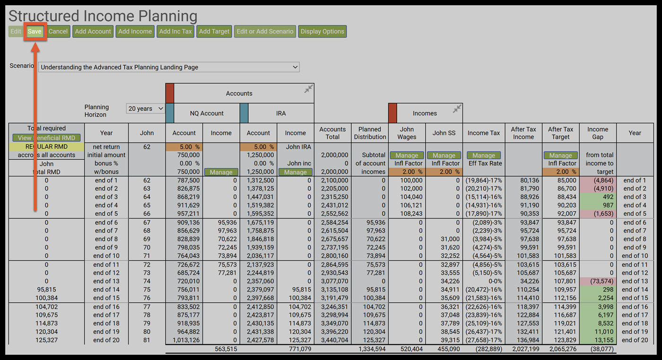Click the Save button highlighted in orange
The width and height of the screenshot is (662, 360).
[x=35, y=32]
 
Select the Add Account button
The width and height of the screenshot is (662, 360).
[x=93, y=32]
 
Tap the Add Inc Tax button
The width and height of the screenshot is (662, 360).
[x=175, y=32]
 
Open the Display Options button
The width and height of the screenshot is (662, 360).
[x=322, y=32]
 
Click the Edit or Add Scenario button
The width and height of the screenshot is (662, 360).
[x=265, y=32]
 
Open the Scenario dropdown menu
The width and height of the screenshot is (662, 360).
[x=169, y=67]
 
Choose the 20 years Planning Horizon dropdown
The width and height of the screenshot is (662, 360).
[x=146, y=109]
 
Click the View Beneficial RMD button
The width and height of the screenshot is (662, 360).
[x=46, y=138]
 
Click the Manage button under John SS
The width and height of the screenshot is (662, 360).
[x=444, y=155]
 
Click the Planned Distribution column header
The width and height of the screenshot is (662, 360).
[x=370, y=133]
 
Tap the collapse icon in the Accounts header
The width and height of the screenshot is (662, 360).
[x=308, y=89]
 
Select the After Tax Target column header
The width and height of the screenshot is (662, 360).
[x=560, y=133]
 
